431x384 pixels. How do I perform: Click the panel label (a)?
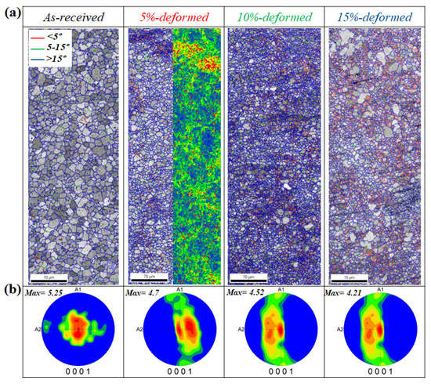click(10, 13)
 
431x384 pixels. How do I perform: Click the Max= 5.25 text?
click(45, 295)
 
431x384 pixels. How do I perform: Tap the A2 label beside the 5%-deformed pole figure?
click(137, 330)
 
